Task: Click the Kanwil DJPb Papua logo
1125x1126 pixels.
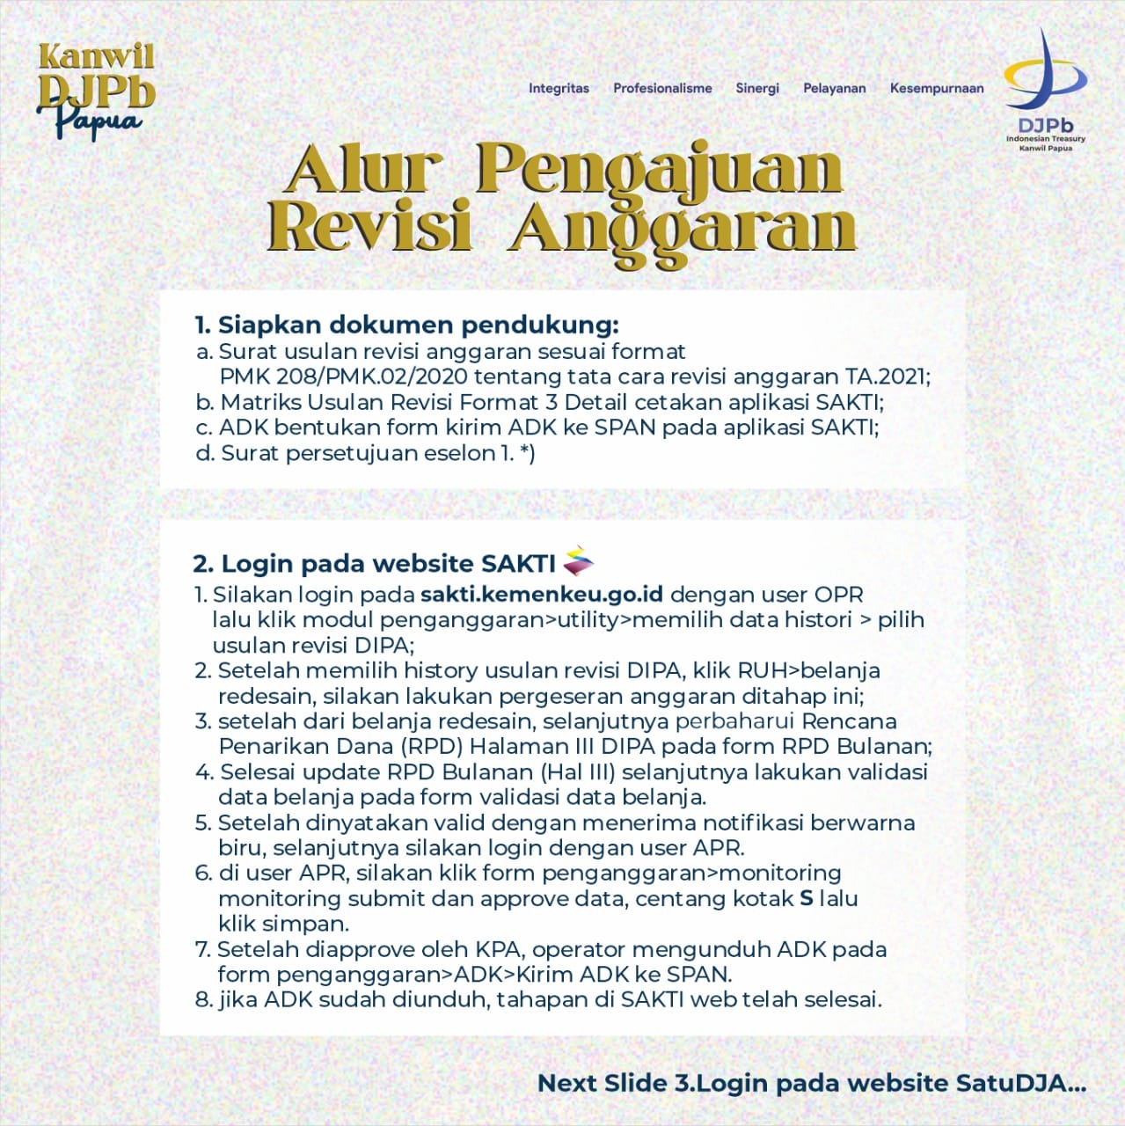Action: (x=95, y=90)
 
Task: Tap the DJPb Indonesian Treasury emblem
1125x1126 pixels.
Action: (x=1045, y=90)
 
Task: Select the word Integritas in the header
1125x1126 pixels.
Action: (x=559, y=88)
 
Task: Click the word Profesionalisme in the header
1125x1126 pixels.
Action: (x=662, y=88)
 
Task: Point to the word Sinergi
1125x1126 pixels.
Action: (x=757, y=88)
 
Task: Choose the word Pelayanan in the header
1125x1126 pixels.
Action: (x=834, y=88)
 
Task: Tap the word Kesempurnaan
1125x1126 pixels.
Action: (x=937, y=88)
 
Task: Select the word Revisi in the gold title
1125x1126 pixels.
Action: (x=369, y=227)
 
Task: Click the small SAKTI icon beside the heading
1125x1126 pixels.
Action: (x=578, y=560)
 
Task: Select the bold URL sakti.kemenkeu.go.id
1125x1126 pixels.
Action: (x=542, y=595)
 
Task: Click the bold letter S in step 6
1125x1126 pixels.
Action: (x=807, y=899)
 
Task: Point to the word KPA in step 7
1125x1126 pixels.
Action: (x=499, y=950)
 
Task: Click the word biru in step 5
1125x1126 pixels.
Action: (x=241, y=848)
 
